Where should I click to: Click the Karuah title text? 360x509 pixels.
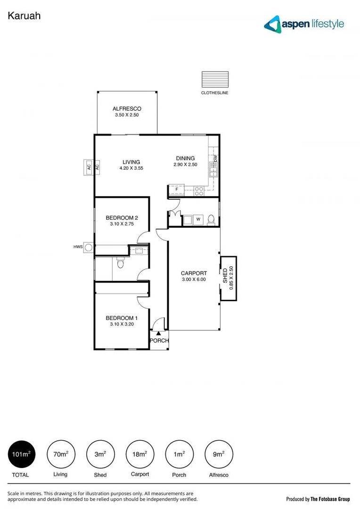[24, 16]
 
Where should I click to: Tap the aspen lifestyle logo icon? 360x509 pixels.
[272, 24]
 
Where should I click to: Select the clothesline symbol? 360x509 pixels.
[215, 79]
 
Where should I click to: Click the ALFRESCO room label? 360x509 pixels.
[127, 109]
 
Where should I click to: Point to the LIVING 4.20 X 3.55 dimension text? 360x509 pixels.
[131, 168]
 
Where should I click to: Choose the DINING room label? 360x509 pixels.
[185, 158]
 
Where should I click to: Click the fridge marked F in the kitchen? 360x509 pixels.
[177, 190]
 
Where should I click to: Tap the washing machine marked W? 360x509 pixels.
[198, 219]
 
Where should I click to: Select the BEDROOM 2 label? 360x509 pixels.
[122, 218]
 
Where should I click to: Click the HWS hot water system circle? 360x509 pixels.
[88, 246]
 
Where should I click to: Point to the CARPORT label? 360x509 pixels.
[194, 273]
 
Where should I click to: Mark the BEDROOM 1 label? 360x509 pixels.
[122, 318]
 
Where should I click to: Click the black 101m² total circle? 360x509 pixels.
[22, 454]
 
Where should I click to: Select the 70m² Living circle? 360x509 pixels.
[61, 454]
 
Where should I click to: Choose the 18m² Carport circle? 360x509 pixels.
[140, 454]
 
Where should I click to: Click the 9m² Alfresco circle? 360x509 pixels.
[219, 454]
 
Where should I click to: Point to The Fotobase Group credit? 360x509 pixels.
[318, 499]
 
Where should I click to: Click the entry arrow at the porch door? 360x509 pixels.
[159, 333]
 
